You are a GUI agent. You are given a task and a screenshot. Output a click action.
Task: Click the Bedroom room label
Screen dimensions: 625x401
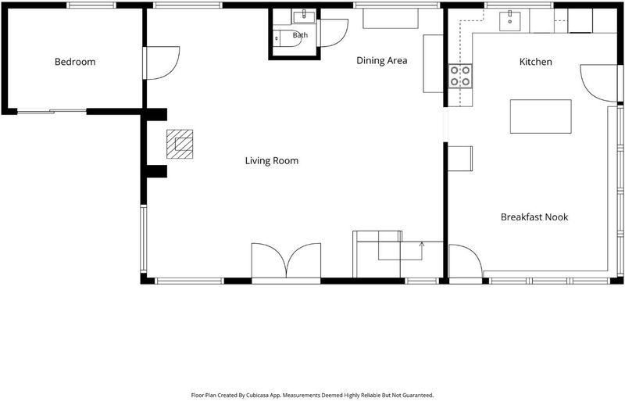[75, 62]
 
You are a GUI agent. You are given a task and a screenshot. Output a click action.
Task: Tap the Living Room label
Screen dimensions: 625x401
[271, 161]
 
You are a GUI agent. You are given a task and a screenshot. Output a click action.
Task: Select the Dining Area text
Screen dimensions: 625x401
[381, 61]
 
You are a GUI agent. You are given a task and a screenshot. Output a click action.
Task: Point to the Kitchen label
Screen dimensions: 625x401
[536, 62]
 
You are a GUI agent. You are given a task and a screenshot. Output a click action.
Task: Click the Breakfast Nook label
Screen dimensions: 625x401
[534, 217]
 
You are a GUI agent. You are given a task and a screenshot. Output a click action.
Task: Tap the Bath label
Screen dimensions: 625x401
[300, 35]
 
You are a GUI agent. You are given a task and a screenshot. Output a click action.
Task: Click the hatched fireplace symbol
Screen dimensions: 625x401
[180, 144]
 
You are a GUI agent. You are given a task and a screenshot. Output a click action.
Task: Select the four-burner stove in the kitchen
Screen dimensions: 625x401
[460, 76]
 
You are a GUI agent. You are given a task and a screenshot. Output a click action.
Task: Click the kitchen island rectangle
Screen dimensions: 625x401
[541, 116]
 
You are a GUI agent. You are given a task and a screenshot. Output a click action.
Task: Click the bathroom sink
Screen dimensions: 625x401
[304, 16]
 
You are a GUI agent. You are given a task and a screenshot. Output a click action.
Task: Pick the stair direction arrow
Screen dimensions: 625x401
[422, 251]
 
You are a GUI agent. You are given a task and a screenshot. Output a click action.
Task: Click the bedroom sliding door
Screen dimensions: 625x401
[52, 111]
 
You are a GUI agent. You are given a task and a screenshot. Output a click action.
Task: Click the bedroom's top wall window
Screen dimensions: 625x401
[91, 5]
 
